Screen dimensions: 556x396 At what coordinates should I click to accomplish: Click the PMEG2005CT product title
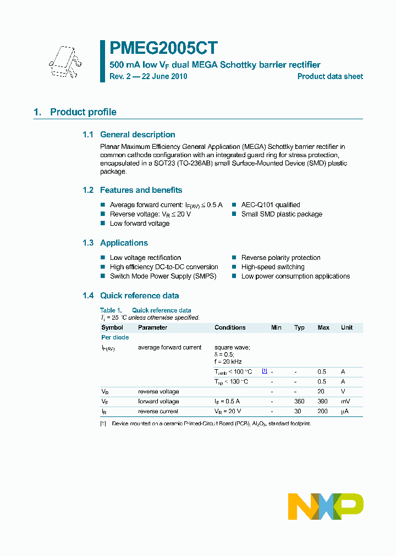tap(164, 48)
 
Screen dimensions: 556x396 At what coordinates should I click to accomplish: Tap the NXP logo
tap(326, 506)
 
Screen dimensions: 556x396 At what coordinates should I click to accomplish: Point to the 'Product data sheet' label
tap(330, 76)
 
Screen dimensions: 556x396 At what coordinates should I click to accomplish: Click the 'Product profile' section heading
tap(83, 112)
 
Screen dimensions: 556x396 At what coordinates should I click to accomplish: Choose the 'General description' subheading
tap(137, 135)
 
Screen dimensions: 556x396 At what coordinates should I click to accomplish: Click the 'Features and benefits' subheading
tap(141, 190)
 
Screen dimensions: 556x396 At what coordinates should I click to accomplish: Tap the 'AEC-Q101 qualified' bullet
tap(270, 205)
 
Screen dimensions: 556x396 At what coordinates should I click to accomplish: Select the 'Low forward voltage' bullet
tap(140, 224)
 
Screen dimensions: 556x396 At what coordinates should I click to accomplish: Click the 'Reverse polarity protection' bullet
tap(280, 258)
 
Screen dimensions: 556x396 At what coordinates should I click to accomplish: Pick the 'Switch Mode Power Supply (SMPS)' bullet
tap(163, 276)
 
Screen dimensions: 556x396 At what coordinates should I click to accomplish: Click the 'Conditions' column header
tap(230, 327)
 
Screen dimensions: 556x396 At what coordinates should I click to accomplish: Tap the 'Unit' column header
tap(346, 327)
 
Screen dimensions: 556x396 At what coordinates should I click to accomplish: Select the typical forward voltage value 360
tap(299, 402)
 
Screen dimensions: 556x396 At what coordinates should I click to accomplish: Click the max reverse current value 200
tap(323, 412)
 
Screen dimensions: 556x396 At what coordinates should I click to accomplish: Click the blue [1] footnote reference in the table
tap(265, 371)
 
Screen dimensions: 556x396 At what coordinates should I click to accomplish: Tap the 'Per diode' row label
tap(115, 337)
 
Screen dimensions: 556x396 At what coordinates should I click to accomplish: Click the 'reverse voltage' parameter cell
tap(158, 392)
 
